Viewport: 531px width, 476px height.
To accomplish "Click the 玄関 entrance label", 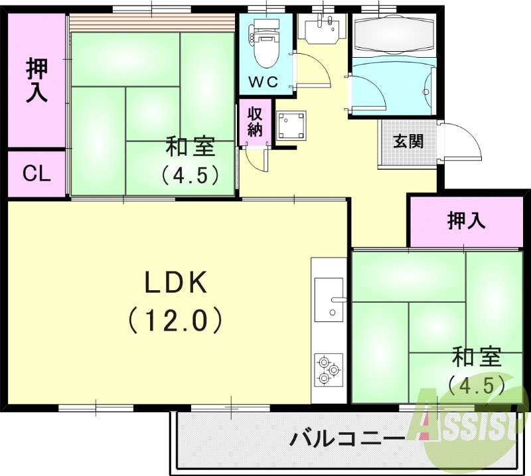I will coord(407,141).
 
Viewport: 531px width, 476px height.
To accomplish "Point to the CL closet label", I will coord(37,175).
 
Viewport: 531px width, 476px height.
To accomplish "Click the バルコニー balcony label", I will coord(347,439).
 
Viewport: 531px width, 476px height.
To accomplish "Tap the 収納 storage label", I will coord(255,120).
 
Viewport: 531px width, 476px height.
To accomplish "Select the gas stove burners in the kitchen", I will coord(329,370).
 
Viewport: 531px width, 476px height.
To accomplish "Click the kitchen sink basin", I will coord(329,299).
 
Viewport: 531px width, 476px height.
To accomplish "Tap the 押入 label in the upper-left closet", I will coord(37,80).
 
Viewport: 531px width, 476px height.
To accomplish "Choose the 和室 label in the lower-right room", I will coord(476,358).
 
